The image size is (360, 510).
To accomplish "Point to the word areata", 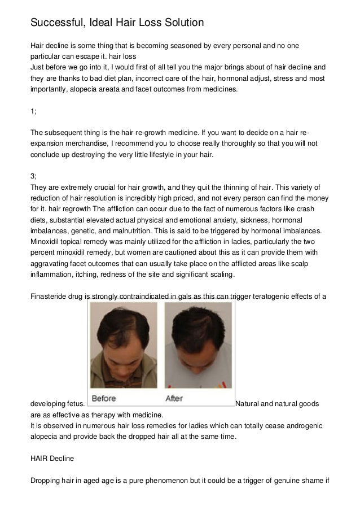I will (126, 89).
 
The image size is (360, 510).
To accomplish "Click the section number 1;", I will (33, 111).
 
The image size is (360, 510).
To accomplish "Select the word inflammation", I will (50, 275).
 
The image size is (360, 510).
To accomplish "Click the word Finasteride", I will (49, 297).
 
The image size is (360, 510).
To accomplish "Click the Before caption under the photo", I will (104, 398).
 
